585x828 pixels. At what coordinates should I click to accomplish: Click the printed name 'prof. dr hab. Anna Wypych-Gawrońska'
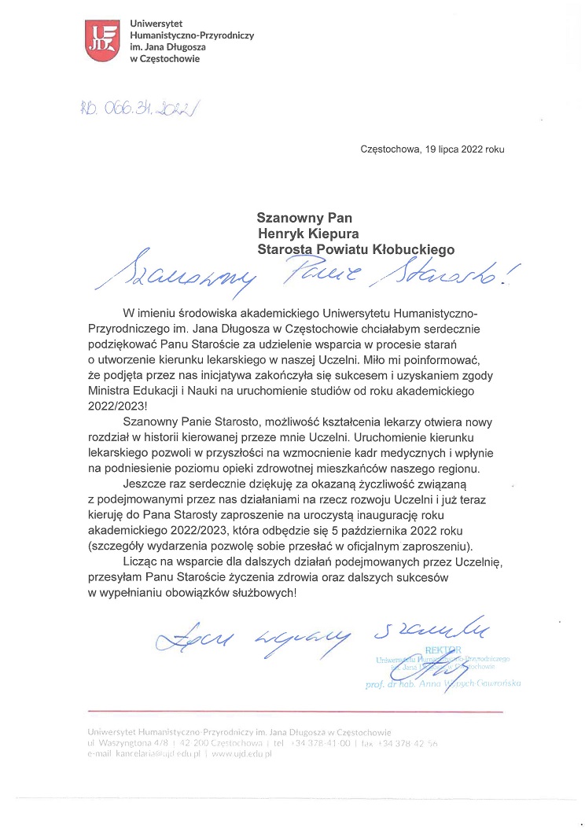tap(443, 684)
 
